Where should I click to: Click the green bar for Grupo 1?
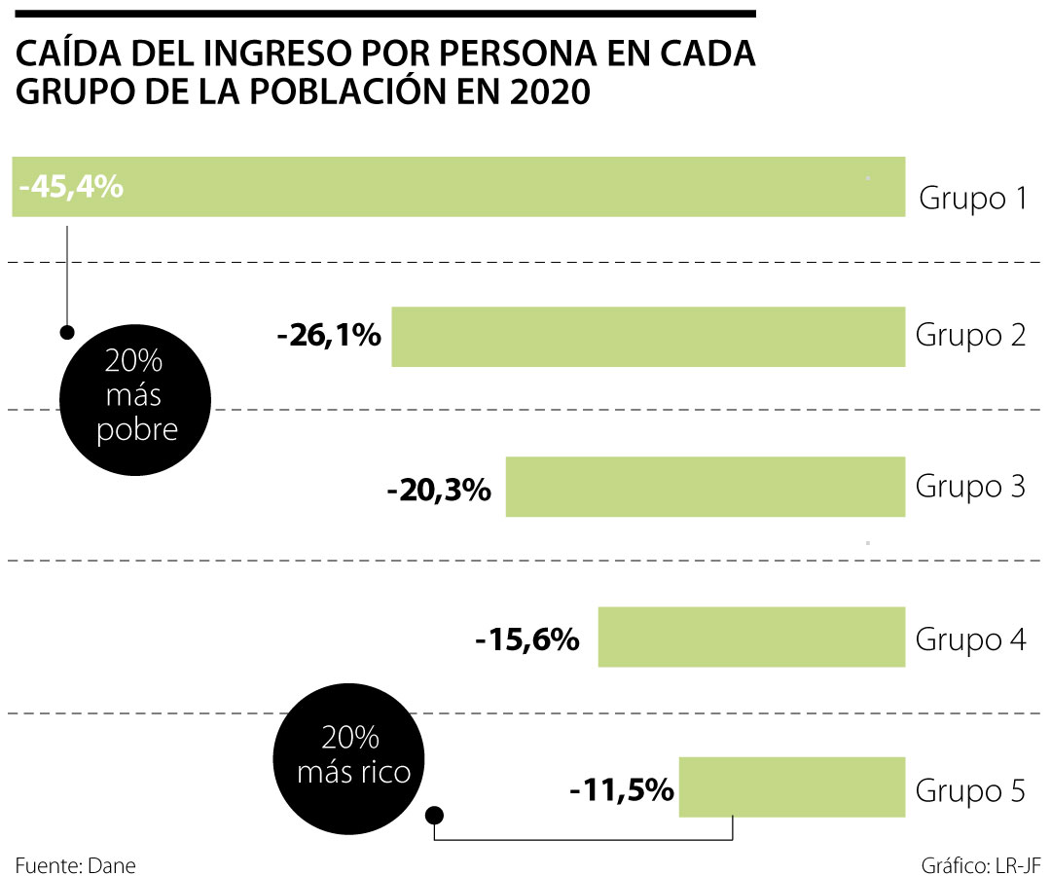(x=506, y=186)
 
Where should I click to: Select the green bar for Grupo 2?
(x=648, y=337)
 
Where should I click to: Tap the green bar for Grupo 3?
(x=705, y=487)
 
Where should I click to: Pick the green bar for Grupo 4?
(x=751, y=638)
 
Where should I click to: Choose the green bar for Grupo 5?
(x=791, y=787)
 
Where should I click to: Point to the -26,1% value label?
(x=329, y=337)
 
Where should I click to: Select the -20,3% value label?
(x=439, y=490)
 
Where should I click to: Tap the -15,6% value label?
(x=527, y=640)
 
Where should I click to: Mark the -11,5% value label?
(x=622, y=789)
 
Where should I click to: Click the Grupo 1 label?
(x=973, y=200)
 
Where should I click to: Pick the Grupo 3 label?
(x=970, y=486)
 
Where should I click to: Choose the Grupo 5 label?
(x=970, y=790)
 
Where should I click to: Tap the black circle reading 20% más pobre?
(x=134, y=398)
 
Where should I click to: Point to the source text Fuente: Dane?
(x=75, y=865)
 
